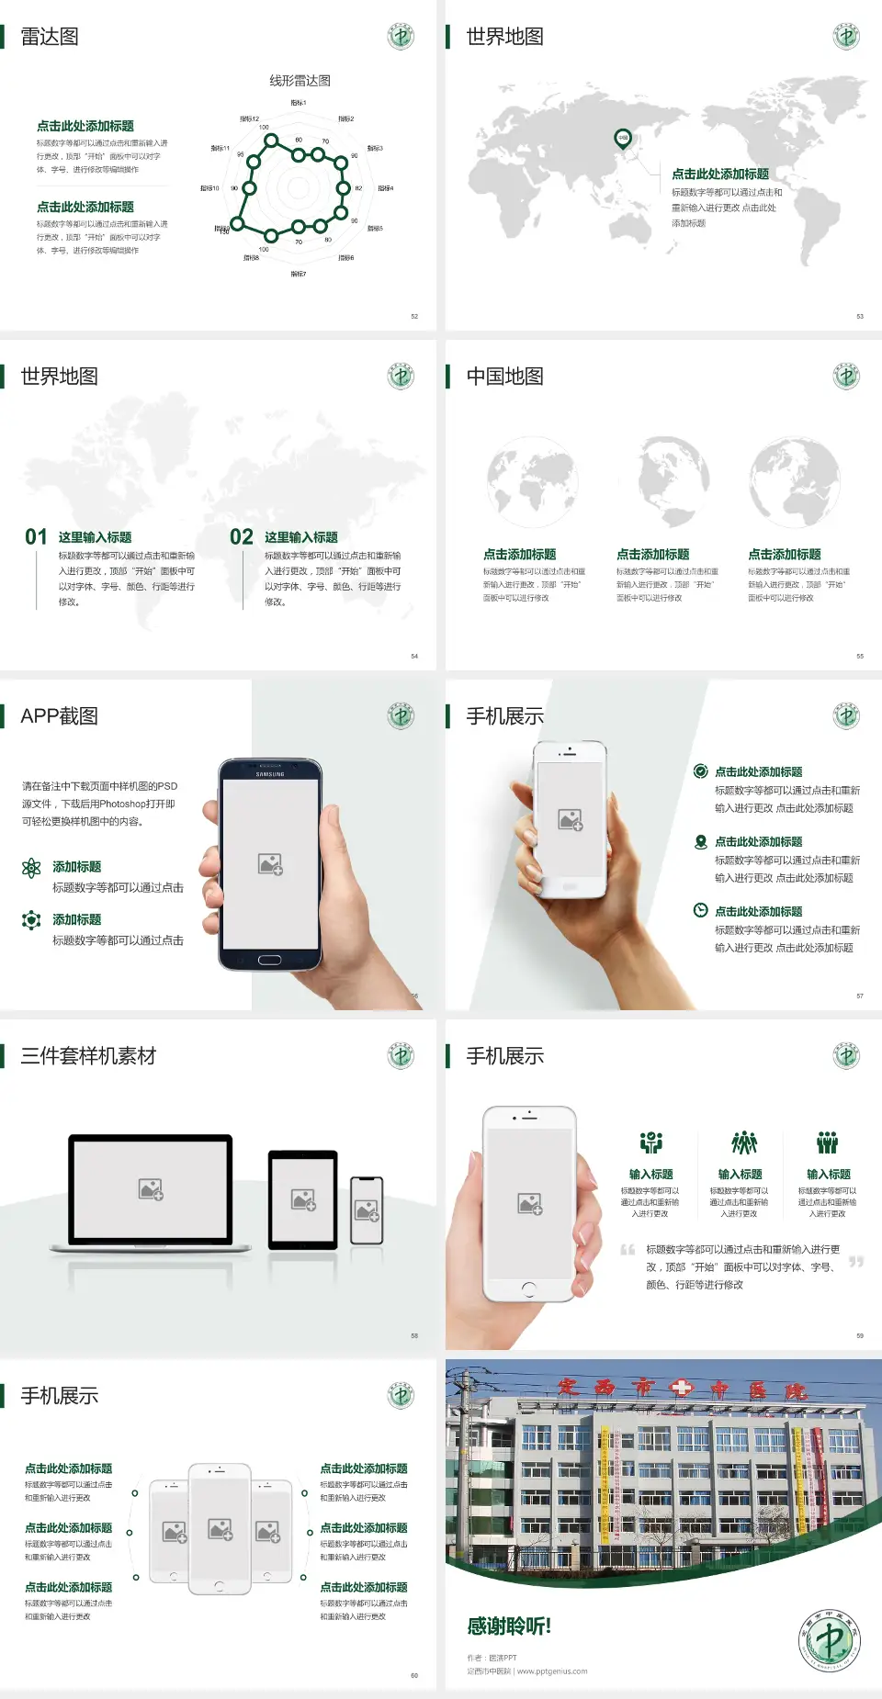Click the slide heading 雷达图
pyautogui.click(x=50, y=37)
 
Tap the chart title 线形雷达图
pyautogui.click(x=300, y=81)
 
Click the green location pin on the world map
pyautogui.click(x=623, y=139)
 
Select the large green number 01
pyautogui.click(x=36, y=537)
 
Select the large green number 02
pyautogui.click(x=242, y=537)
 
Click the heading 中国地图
pyautogui.click(x=504, y=377)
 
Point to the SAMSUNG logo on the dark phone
pyautogui.click(x=270, y=774)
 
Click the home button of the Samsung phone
pyautogui.click(x=269, y=960)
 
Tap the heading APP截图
pyautogui.click(x=60, y=716)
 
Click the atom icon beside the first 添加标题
pyautogui.click(x=31, y=868)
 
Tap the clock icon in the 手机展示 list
pyautogui.click(x=700, y=910)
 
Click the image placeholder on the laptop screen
pyautogui.click(x=151, y=1189)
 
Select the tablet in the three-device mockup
pyautogui.click(x=303, y=1198)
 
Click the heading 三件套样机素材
pyautogui.click(x=88, y=1056)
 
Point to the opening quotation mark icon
pyautogui.click(x=628, y=1249)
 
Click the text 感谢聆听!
pyautogui.click(x=509, y=1626)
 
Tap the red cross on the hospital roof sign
pyautogui.click(x=682, y=1387)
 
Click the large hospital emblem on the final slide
pyautogui.click(x=830, y=1640)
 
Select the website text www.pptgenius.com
pyautogui.click(x=552, y=1671)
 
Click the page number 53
pyautogui.click(x=860, y=316)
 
